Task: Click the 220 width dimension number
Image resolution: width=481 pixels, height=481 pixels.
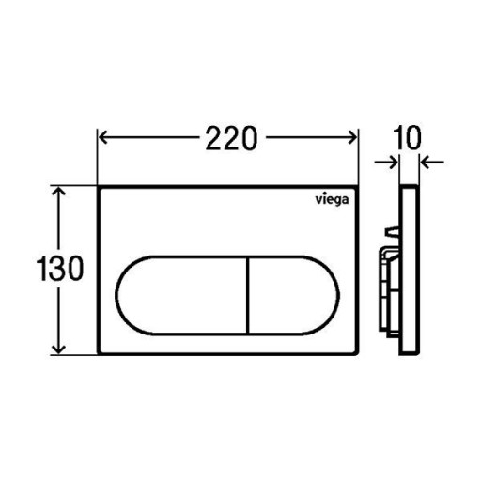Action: (231, 138)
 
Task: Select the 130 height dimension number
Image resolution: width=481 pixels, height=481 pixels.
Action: (60, 269)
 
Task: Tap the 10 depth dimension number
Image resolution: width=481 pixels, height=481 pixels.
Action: (408, 138)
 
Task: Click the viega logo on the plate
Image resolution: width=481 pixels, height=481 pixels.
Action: (332, 200)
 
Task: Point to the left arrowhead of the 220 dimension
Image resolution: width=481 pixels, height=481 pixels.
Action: (103, 137)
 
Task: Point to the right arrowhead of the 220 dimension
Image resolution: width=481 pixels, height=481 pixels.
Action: (352, 137)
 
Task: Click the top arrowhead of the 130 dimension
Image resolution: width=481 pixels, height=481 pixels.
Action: (58, 192)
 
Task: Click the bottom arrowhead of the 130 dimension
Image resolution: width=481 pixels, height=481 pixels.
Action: (58, 349)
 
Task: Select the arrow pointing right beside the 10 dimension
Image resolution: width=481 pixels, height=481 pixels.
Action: (386, 163)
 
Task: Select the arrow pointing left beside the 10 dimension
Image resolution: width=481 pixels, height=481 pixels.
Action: (432, 163)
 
